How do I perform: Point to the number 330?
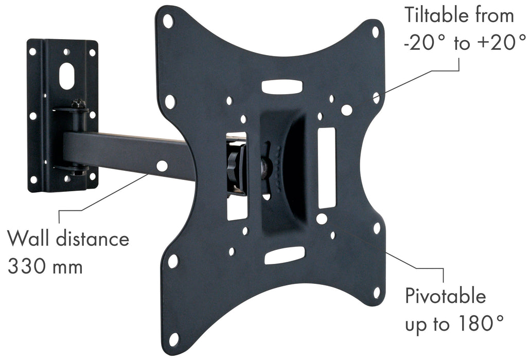(27, 266)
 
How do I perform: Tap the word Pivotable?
(445, 296)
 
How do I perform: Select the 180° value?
(481, 323)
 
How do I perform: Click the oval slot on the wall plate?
(67, 76)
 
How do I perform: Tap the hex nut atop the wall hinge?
(78, 103)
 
